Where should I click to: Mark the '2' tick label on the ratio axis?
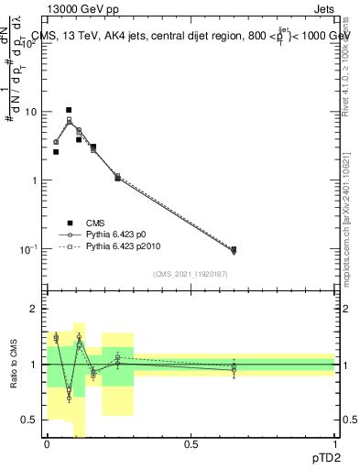tap(34, 309)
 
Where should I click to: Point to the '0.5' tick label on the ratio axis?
tap(29, 420)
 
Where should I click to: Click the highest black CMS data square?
tap(69, 110)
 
